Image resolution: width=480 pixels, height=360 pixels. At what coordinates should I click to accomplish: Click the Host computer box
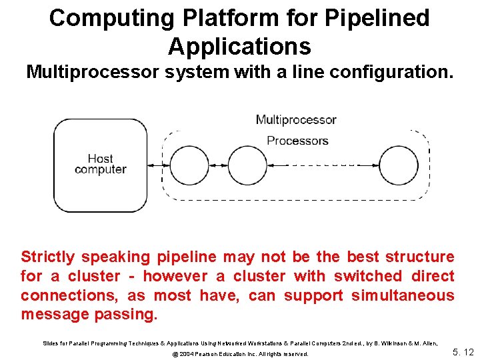[100, 165]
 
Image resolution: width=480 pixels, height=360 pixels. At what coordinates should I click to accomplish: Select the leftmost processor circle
[190, 165]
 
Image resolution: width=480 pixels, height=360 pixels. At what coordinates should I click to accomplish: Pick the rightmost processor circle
[398, 165]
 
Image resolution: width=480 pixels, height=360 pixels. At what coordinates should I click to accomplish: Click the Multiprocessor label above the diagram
[296, 120]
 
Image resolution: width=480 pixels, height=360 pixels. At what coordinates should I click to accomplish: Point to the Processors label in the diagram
[297, 141]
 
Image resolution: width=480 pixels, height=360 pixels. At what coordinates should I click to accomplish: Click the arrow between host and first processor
[159, 165]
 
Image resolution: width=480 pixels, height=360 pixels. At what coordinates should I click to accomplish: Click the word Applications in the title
[239, 47]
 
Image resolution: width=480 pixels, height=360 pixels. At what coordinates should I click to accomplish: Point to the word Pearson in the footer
[213, 354]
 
